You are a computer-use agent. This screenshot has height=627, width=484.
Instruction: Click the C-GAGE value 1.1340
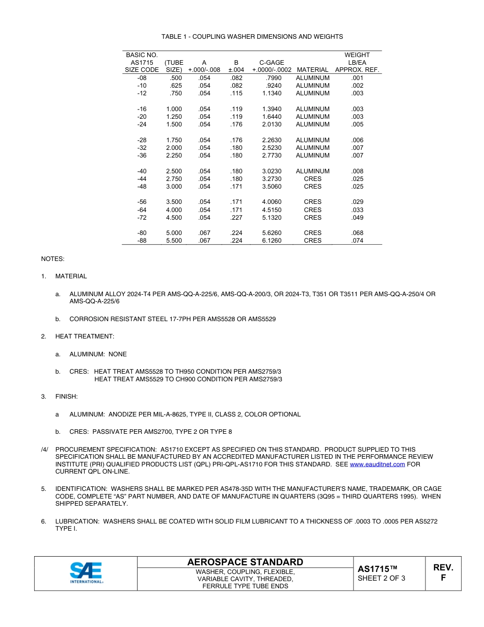point(272,93)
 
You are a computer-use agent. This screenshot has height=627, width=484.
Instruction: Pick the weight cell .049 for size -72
point(357,218)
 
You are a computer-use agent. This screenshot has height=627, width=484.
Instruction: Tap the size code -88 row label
point(142,241)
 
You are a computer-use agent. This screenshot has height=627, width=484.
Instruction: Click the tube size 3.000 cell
point(174,187)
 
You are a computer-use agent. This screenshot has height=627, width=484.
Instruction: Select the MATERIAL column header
point(312,70)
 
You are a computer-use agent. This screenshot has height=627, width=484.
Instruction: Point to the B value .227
point(236,218)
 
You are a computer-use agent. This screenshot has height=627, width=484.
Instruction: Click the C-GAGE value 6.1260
point(272,241)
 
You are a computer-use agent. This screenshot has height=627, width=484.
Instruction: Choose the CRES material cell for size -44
point(312,179)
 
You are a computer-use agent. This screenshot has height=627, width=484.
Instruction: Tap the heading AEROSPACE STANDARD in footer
point(245,562)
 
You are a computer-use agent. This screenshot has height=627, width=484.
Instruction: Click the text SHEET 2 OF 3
point(381,578)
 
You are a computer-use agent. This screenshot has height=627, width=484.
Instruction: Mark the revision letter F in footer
point(443,578)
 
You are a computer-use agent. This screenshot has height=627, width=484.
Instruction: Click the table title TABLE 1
point(252,37)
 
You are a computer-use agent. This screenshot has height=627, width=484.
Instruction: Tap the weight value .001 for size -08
point(357,78)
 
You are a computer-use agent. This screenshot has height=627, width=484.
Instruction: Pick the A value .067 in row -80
point(204,233)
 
